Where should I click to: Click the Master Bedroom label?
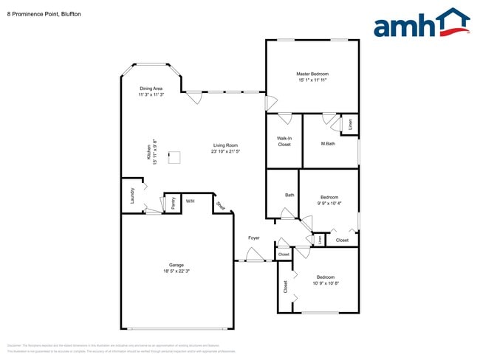coord(312,75)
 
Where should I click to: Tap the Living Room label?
coord(225,145)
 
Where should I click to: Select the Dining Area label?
coord(151,89)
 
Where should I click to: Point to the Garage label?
coord(176,265)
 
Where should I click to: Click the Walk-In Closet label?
coord(284,142)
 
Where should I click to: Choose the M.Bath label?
coord(328,144)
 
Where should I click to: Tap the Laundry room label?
coord(133,195)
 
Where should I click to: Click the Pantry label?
coord(173,203)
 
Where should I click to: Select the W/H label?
coord(190,201)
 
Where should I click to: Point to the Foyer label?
coord(253,238)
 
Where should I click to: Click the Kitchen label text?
coord(148,153)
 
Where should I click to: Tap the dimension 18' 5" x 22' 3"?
coord(176,271)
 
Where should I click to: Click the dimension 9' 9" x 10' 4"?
coord(329,203)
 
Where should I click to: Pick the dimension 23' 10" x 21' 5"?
coord(225,151)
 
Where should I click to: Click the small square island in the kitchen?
coord(175,156)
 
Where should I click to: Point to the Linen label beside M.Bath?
coord(350,125)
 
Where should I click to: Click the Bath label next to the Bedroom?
coord(289,195)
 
